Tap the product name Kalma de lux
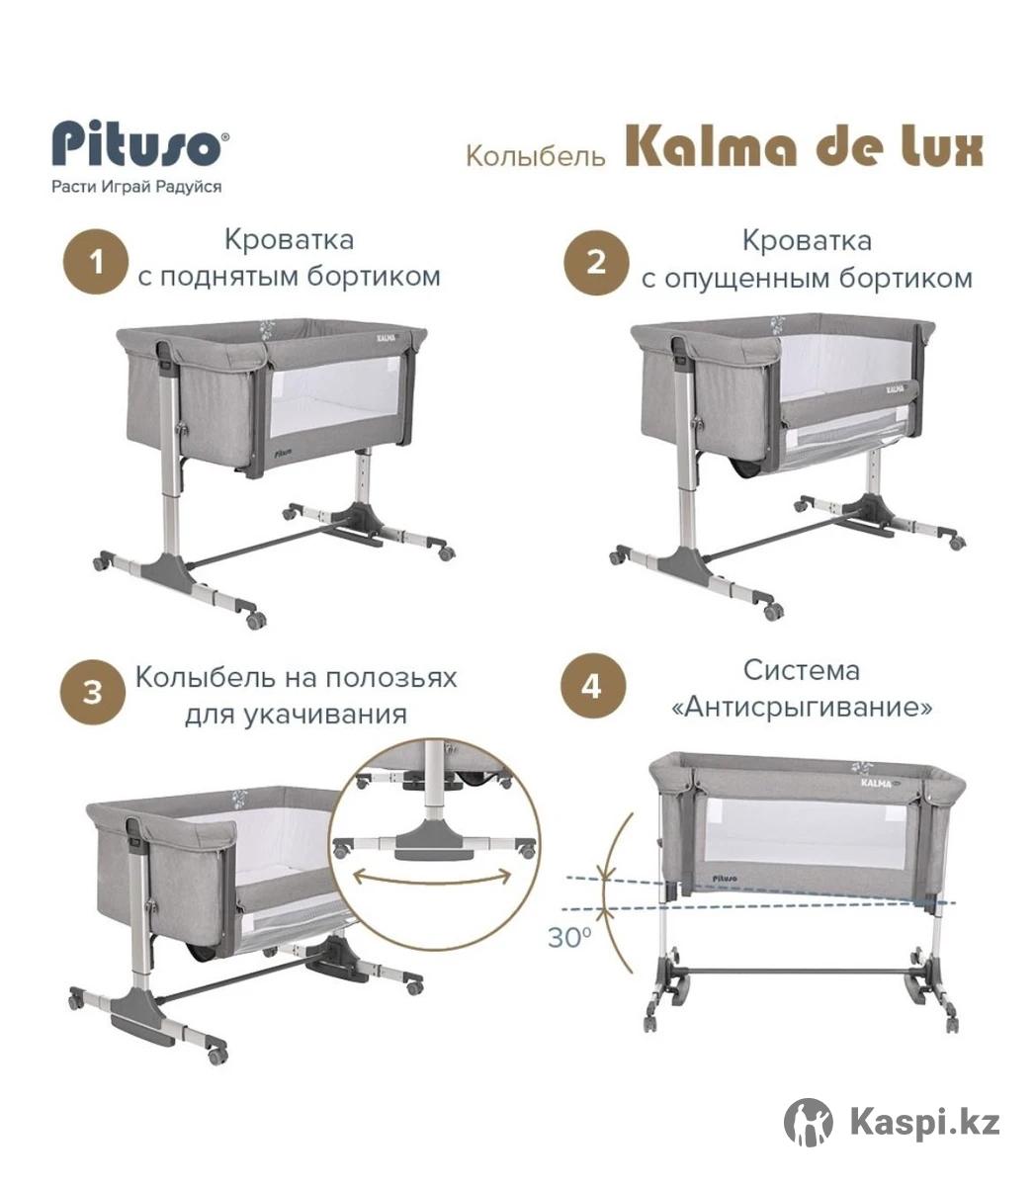[804, 148]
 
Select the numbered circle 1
[96, 262]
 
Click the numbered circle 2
[596, 263]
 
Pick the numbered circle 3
[93, 692]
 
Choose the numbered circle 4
[592, 686]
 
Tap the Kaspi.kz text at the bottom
[925, 1122]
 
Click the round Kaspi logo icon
[809, 1122]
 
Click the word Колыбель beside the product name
[535, 155]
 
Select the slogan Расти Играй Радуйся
[136, 187]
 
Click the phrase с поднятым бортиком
[290, 277]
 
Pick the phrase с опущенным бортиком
[807, 279]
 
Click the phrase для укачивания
[296, 715]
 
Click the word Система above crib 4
[802, 671]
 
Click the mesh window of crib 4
[806, 832]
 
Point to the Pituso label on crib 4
[724, 880]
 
